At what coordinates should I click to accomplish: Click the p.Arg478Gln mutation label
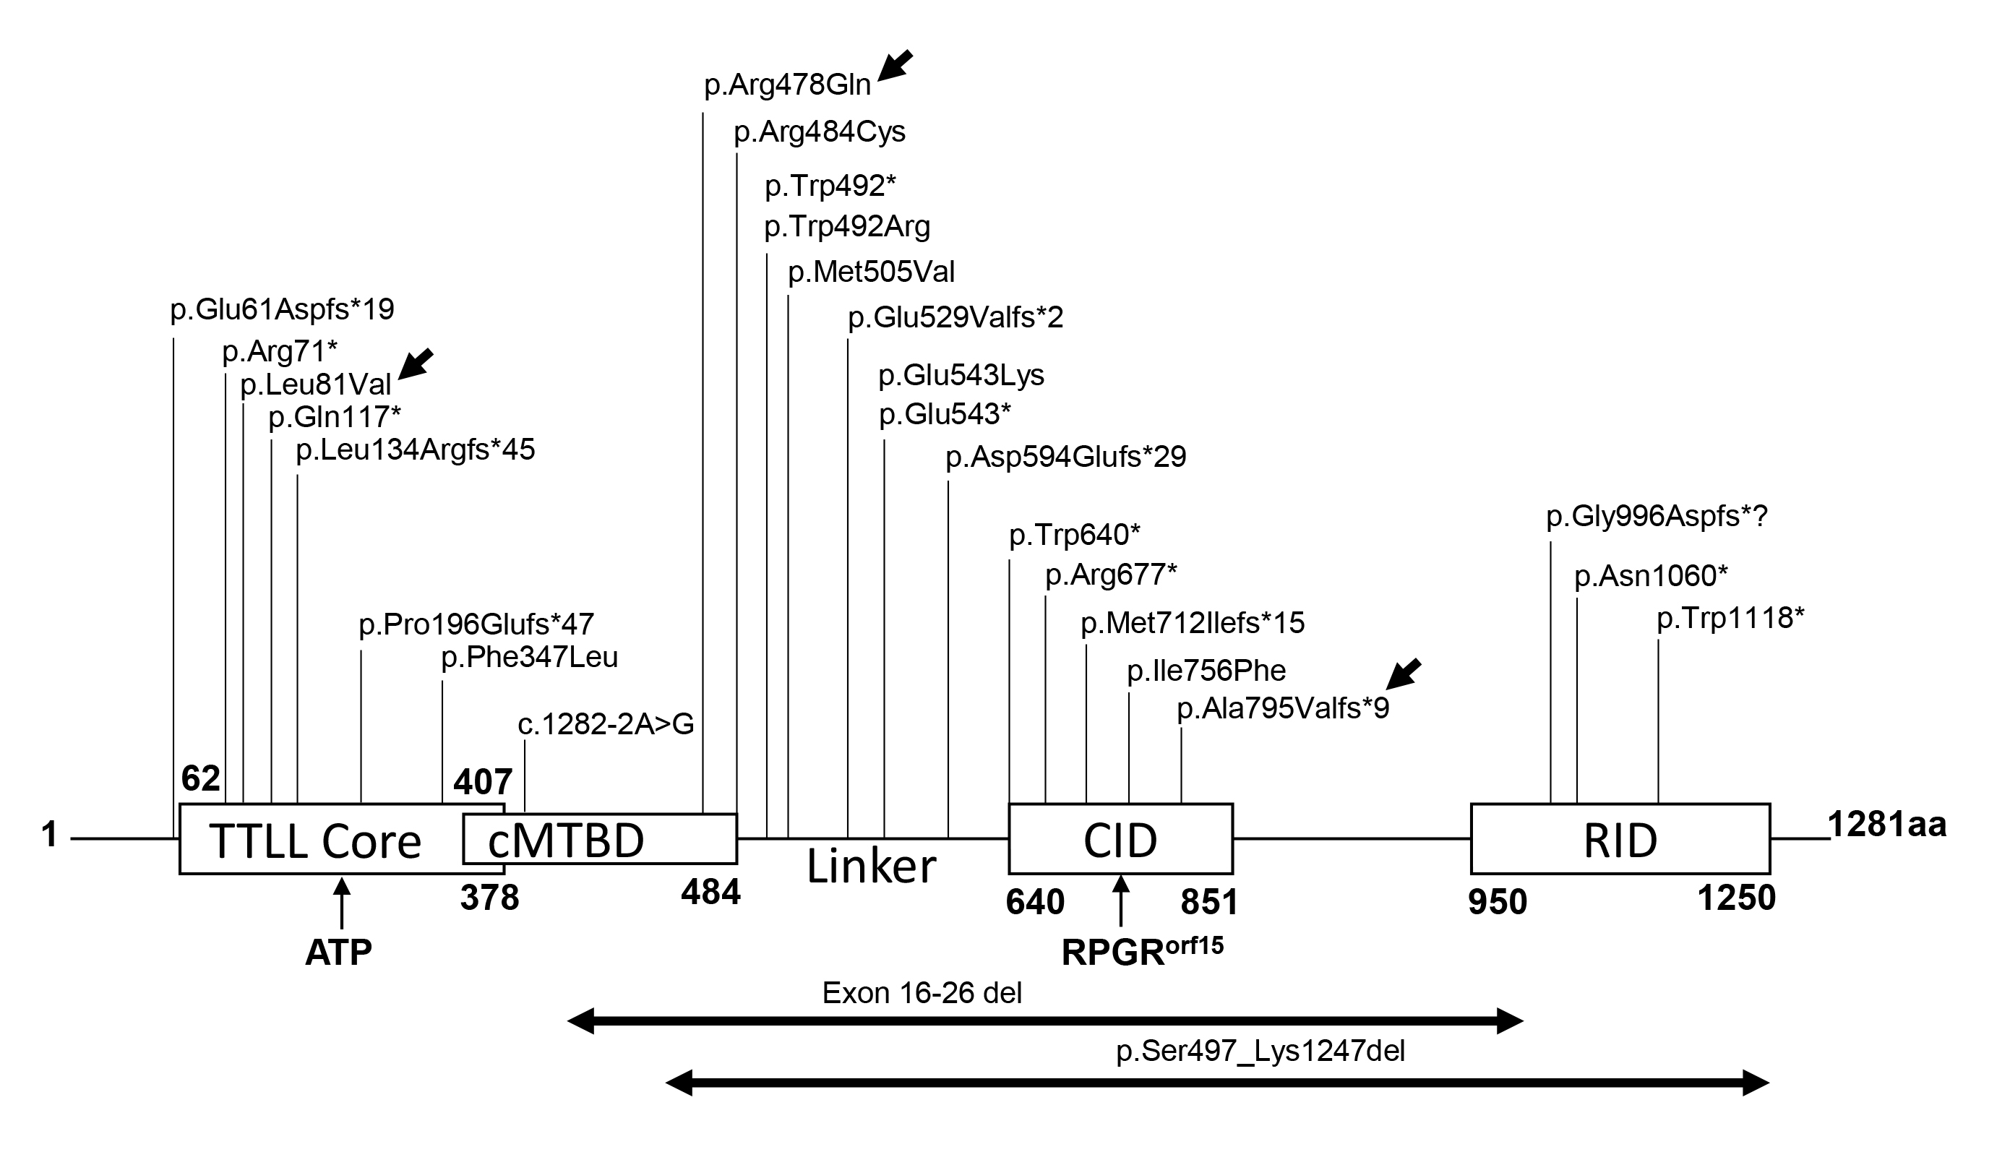point(787,85)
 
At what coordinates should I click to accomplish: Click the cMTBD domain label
point(566,841)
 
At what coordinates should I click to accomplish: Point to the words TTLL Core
point(315,842)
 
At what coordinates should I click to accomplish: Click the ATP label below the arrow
point(338,953)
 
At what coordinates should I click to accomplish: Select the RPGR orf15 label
point(1141,951)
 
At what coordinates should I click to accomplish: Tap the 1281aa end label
point(1886,825)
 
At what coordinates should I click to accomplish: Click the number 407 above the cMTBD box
point(483,783)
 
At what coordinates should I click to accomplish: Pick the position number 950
point(1497,903)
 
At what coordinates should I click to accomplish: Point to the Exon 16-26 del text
point(922,993)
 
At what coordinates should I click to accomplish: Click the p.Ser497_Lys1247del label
point(1260,1052)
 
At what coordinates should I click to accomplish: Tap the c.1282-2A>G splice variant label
point(605,725)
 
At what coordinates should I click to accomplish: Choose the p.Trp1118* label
point(1730,618)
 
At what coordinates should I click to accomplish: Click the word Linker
point(871,867)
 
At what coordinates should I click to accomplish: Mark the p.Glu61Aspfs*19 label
point(282,309)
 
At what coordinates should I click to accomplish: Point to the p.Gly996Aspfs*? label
point(1657,517)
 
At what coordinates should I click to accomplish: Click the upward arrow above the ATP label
point(342,902)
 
